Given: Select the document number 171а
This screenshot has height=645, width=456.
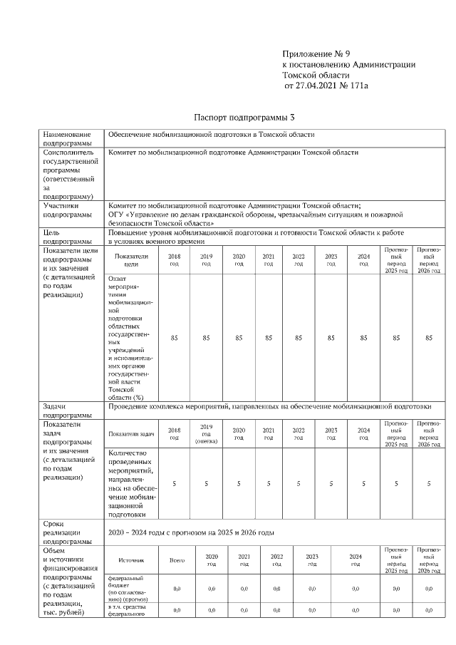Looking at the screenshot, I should pyautogui.click(x=356, y=86).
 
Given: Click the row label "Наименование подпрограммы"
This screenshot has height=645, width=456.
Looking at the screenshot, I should pyautogui.click(x=67, y=138).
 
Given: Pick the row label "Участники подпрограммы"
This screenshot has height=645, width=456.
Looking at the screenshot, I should pyautogui.click(x=67, y=210).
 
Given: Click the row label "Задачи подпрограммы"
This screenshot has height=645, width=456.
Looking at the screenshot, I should pyautogui.click(x=67, y=411).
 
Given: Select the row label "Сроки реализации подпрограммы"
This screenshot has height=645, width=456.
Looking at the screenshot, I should pyautogui.click(x=67, y=532).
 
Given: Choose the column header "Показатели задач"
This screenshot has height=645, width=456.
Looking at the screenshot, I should pyautogui.click(x=131, y=433).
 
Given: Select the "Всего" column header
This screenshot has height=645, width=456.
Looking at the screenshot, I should pyautogui.click(x=177, y=560).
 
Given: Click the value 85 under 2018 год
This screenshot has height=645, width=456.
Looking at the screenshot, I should pyautogui.click(x=174, y=338).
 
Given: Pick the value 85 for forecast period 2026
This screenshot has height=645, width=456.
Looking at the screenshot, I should pyautogui.click(x=428, y=338).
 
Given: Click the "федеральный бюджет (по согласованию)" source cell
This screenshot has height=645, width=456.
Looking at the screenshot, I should pyautogui.click(x=128, y=588).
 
